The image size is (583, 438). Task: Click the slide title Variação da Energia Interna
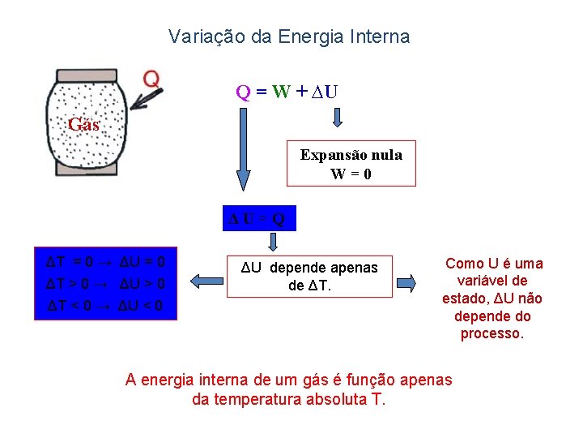pyautogui.click(x=289, y=36)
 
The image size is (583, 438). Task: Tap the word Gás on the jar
pyautogui.click(x=83, y=125)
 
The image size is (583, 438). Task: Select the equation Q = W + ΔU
pyautogui.click(x=287, y=91)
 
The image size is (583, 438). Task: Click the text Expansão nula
pyautogui.click(x=351, y=154)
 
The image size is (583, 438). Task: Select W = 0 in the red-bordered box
pyautogui.click(x=351, y=174)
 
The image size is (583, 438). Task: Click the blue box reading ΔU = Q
pyautogui.click(x=257, y=218)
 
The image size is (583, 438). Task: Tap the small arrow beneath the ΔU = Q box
pyautogui.click(x=273, y=242)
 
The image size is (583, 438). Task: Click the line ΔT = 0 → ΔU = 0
pyautogui.click(x=106, y=262)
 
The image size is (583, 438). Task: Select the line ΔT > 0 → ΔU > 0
pyautogui.click(x=106, y=283)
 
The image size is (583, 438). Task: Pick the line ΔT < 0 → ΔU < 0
pyautogui.click(x=106, y=305)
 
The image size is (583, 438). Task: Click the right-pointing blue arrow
pyautogui.click(x=406, y=282)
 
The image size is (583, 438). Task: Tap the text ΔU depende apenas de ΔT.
pyautogui.click(x=311, y=277)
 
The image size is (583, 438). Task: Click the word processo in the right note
pyautogui.click(x=492, y=333)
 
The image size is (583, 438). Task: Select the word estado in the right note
pyautogui.click(x=465, y=298)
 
